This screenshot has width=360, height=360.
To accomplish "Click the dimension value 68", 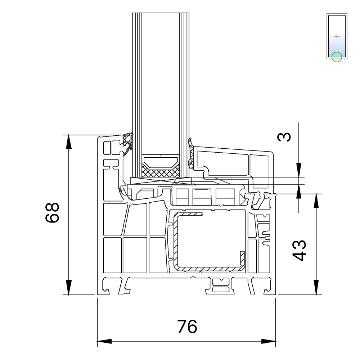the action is (52, 212).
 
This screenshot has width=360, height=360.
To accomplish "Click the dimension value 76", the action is (187, 327).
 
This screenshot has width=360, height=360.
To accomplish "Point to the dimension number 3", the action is (284, 137).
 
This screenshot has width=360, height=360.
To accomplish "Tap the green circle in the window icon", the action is (337, 57).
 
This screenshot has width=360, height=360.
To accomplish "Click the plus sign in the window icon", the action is (337, 36).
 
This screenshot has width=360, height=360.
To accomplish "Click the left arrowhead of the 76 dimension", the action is (104, 341).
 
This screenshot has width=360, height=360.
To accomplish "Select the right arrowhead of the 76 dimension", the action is (269, 341).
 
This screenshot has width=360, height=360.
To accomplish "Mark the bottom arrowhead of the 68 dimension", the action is (69, 287).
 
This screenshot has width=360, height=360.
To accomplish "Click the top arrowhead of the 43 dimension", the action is (316, 201).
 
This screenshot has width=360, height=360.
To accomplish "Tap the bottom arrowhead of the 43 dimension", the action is (316, 287).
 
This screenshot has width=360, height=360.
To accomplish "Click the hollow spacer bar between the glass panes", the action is (161, 162).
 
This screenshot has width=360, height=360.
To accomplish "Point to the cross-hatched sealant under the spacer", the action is (161, 172).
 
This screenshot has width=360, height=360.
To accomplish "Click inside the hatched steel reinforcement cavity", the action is (210, 241).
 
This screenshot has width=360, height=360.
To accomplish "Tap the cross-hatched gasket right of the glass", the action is (191, 153).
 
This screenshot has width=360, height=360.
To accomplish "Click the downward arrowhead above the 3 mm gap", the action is (299, 170).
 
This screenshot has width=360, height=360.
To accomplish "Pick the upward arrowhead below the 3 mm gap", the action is (299, 192).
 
